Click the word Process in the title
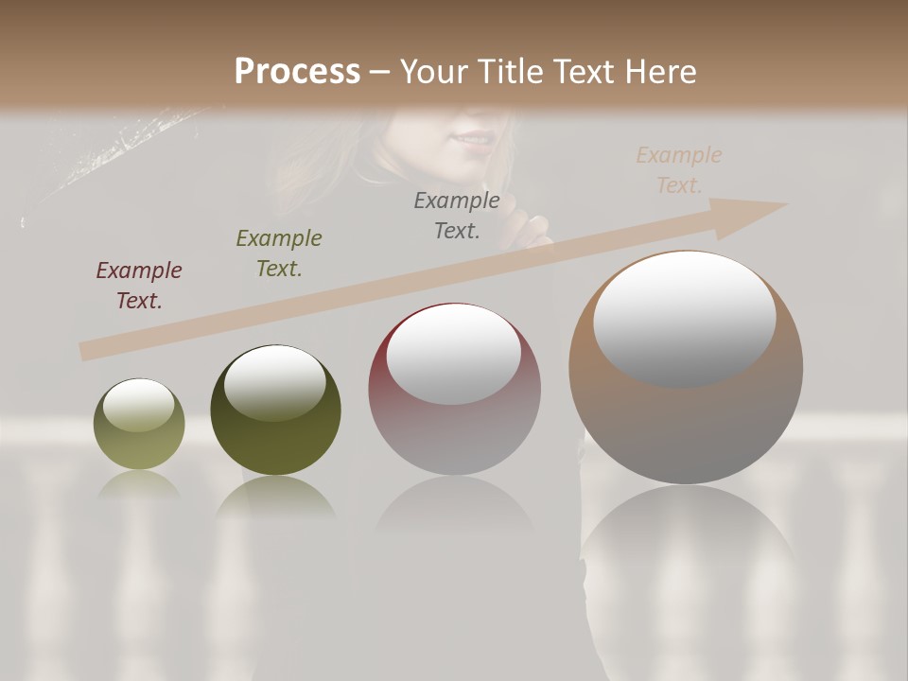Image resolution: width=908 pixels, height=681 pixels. click(297, 72)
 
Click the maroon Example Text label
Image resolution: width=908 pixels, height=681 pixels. click(139, 286)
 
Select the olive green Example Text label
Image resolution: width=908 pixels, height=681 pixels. click(279, 253)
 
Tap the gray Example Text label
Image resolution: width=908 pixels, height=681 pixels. click(457, 215)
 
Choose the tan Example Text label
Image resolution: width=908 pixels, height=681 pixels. click(679, 170)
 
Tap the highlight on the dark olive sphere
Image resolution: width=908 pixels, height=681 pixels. click(274, 382)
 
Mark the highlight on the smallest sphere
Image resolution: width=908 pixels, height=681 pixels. click(138, 405)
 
